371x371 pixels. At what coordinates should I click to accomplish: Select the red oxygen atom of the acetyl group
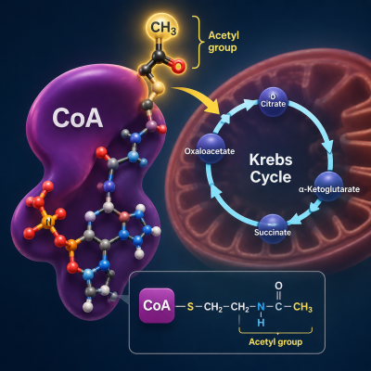(x=178, y=66)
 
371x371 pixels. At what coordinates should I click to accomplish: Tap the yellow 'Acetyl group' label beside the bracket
(x=224, y=42)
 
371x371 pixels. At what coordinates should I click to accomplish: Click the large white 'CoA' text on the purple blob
(x=77, y=118)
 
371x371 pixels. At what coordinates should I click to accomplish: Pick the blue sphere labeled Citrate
(x=273, y=102)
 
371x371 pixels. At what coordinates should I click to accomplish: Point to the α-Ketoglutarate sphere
(x=328, y=186)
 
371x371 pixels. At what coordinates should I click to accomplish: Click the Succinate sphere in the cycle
(x=273, y=229)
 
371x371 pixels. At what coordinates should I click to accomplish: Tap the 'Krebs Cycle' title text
(x=271, y=169)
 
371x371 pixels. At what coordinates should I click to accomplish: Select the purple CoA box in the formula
(x=157, y=305)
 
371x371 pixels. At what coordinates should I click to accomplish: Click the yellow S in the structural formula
(x=190, y=307)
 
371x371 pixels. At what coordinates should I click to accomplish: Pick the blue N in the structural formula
(x=261, y=307)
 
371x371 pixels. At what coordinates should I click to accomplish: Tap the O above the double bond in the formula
(x=278, y=286)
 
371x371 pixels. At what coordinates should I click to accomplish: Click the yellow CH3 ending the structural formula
(x=302, y=307)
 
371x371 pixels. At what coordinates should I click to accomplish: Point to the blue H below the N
(x=261, y=323)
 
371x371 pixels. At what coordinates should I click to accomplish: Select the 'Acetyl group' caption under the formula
(x=275, y=342)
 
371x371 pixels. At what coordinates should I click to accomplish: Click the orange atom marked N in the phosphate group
(x=48, y=222)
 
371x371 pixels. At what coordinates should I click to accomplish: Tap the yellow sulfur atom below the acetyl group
(x=158, y=88)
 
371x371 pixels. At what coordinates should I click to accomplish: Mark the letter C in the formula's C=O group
(x=278, y=307)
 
